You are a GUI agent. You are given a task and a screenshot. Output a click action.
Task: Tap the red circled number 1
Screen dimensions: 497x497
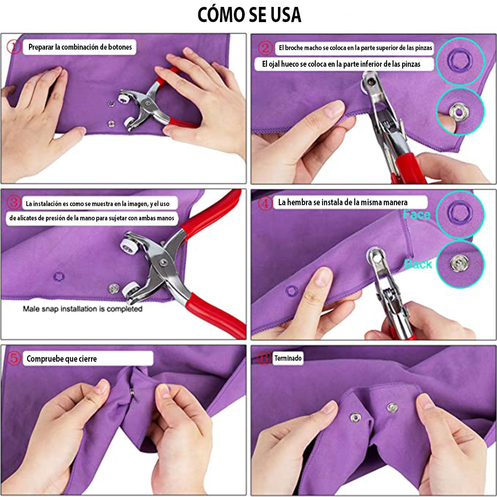(x=14, y=46)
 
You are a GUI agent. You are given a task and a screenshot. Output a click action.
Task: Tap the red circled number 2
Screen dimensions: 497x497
(x=265, y=48)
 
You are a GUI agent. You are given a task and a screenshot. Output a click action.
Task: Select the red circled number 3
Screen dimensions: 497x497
(x=14, y=202)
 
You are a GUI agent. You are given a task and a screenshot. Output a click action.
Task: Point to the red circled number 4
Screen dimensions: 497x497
(x=265, y=203)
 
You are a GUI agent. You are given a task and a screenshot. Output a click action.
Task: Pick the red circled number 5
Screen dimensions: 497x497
(x=14, y=358)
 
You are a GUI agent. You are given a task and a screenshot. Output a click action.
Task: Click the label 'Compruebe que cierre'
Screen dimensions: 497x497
(x=62, y=359)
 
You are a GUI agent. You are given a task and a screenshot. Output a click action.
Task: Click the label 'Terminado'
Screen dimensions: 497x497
(x=288, y=358)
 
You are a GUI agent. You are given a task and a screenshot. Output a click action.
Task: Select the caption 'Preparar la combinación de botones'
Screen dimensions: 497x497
(x=80, y=47)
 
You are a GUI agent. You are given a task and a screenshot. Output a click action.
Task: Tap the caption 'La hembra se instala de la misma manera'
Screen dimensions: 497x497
(x=343, y=202)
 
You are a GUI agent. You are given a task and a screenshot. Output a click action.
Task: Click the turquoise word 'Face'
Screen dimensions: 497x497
(x=416, y=214)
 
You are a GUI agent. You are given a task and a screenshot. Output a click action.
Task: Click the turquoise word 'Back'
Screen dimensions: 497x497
(x=418, y=264)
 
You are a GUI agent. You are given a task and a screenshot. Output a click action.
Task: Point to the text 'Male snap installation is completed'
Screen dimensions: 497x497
(x=83, y=309)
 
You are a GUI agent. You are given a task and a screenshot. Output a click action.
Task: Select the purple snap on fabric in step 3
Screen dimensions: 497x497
(x=59, y=276)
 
